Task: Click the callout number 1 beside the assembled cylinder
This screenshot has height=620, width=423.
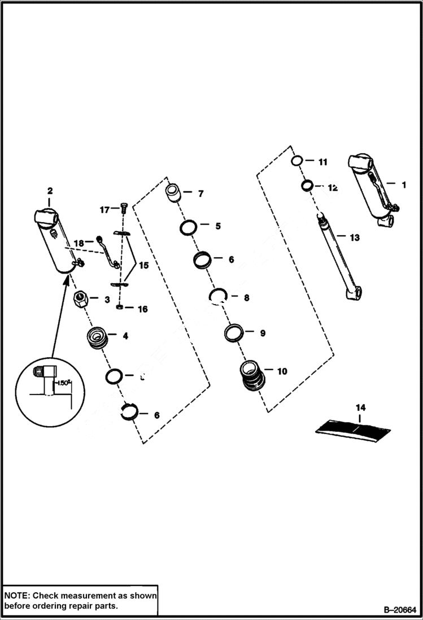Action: click(404, 185)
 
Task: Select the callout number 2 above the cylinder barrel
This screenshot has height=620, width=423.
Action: click(50, 190)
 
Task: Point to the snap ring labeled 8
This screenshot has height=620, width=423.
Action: click(218, 296)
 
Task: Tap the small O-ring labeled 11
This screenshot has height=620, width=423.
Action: click(297, 161)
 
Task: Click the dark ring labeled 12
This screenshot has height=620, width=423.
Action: click(308, 185)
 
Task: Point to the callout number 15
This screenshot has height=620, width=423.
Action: click(144, 265)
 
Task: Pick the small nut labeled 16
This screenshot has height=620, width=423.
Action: click(120, 307)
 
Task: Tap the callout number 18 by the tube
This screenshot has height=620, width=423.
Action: click(79, 243)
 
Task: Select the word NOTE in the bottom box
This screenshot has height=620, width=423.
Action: click(18, 595)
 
